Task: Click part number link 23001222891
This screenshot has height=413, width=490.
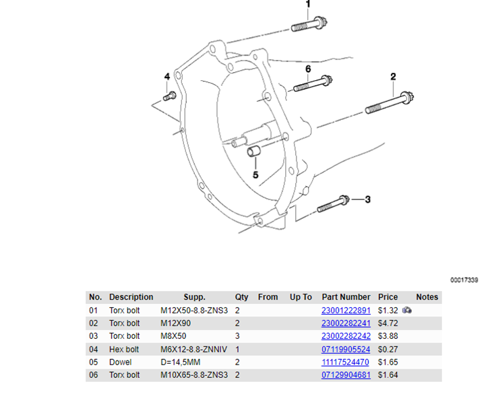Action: (346, 311)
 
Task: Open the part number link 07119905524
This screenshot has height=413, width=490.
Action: (346, 349)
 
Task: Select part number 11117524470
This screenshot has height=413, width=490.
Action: (346, 362)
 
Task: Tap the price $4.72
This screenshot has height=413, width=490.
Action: (387, 323)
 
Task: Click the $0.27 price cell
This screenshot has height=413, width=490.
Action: (387, 349)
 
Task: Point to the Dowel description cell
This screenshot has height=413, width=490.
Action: (121, 362)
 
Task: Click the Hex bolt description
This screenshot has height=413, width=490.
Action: (124, 349)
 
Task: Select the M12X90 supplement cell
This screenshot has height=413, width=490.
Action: (175, 323)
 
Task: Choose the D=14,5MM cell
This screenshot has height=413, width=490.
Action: (180, 362)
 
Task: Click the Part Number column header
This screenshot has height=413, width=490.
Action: (346, 297)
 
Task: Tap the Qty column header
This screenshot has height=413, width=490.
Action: (241, 297)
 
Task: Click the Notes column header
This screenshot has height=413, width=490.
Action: (427, 297)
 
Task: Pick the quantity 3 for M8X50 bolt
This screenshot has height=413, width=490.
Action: (238, 336)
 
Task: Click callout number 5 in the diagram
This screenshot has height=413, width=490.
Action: (255, 174)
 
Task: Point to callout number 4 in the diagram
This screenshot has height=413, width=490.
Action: (167, 77)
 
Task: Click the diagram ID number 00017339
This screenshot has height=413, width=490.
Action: (464, 280)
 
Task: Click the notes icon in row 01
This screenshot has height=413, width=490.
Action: (407, 311)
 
